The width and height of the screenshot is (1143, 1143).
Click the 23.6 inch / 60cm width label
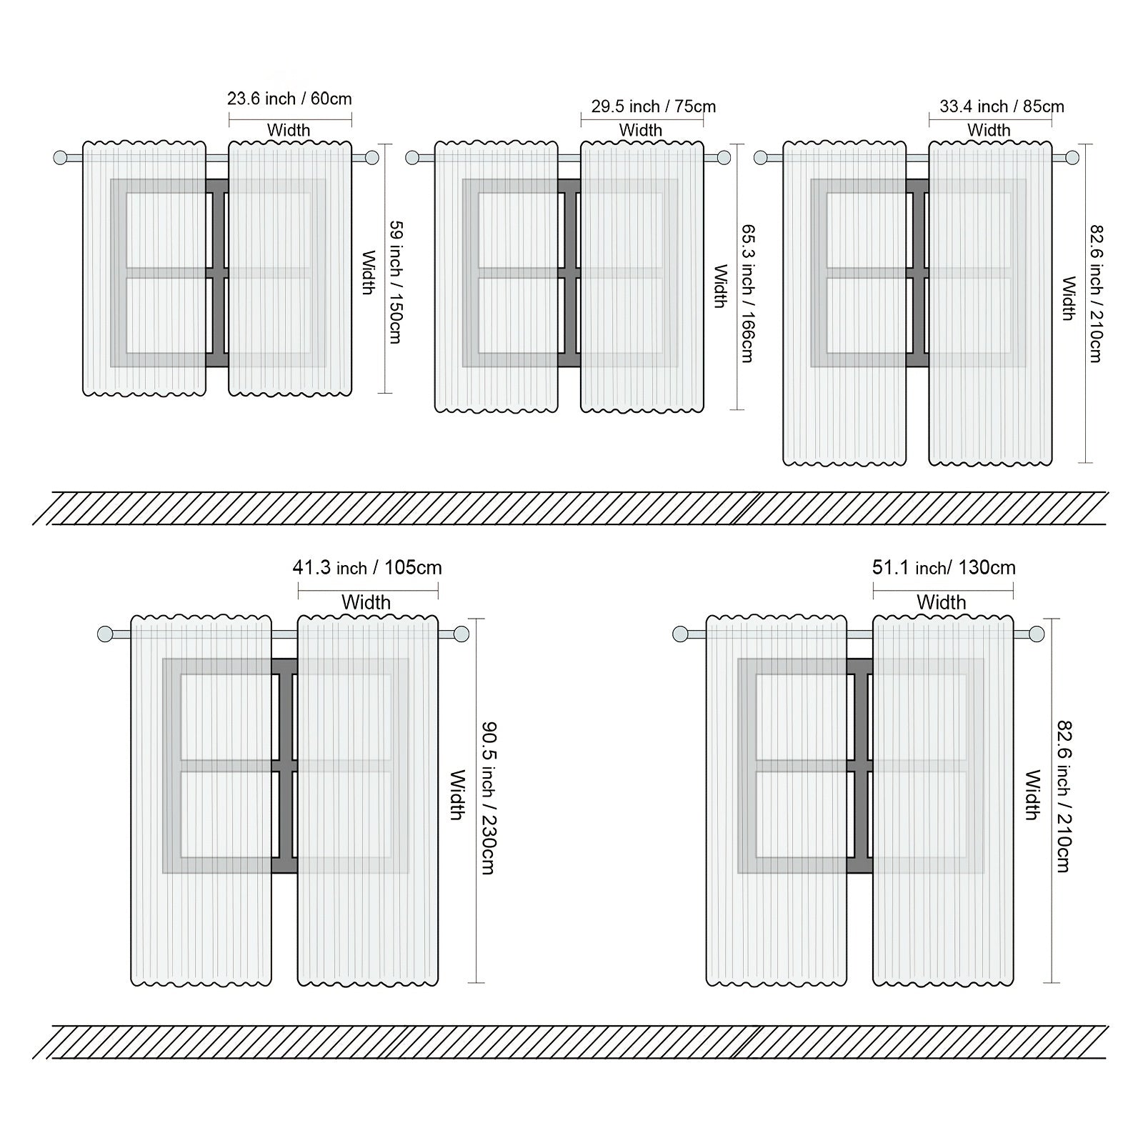[x=289, y=99]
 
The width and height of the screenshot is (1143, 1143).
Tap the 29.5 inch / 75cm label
[x=653, y=106]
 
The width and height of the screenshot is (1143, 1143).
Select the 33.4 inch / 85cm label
[x=1002, y=106]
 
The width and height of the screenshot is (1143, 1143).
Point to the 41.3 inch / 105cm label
[x=367, y=568]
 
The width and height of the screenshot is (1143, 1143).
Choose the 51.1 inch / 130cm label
[x=944, y=568]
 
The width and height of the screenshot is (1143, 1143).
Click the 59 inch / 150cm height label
[x=395, y=282]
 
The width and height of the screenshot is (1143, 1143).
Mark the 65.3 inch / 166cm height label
[x=747, y=294]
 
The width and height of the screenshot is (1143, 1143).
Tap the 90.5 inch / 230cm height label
[x=488, y=798]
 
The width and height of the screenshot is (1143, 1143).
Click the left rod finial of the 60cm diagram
[x=61, y=157]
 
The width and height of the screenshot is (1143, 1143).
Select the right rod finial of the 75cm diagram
[x=724, y=157]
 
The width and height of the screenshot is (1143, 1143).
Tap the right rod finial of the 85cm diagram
[x=1072, y=157]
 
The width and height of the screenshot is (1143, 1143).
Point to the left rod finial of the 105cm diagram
[x=105, y=634]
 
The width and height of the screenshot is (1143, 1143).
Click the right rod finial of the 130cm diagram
[x=1037, y=634]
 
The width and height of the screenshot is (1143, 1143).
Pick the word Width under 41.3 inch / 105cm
[x=366, y=602]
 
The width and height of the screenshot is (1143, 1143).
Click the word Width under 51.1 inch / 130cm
[x=942, y=602]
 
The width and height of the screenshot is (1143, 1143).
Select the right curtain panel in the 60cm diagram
[x=290, y=268]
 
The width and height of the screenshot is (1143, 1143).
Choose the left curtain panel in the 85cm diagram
[x=844, y=303]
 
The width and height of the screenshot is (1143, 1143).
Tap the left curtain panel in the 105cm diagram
[x=201, y=800]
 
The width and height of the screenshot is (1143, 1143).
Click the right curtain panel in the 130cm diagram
[x=943, y=800]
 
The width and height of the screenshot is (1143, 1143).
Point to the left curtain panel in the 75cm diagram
[x=496, y=276]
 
